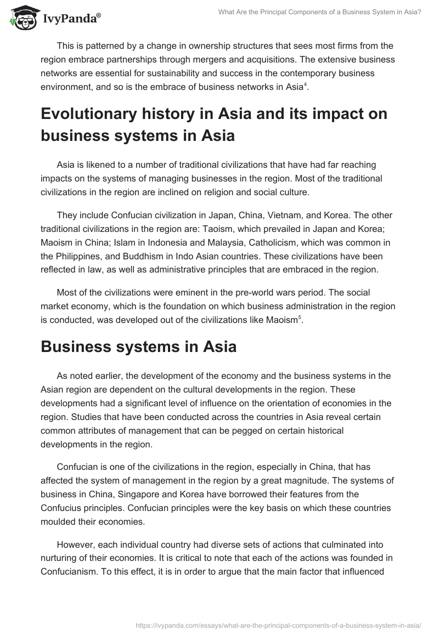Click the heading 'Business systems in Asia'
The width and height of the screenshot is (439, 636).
pos(138,347)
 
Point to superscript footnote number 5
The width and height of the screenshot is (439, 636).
pos(299,318)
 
